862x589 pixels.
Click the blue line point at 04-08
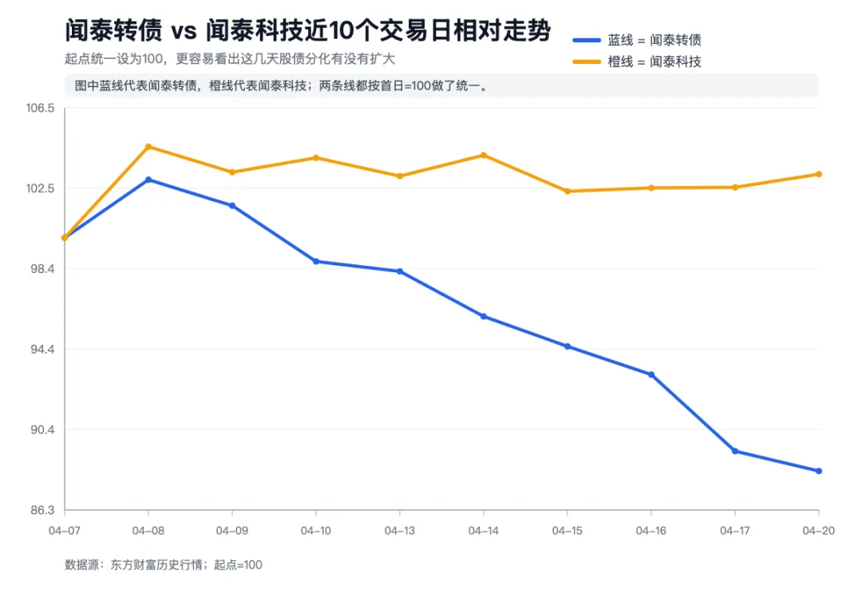pos(148,180)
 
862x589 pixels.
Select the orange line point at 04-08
pos(148,147)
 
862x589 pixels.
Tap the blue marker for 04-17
pos(735,451)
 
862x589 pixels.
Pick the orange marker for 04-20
pos(819,174)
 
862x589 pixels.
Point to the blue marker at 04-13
pos(400,271)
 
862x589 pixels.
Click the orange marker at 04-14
pos(484,155)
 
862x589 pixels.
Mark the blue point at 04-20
pos(819,471)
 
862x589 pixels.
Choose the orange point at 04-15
pos(567,192)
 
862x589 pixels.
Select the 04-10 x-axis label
pos(316,530)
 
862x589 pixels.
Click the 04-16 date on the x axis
pos(651,530)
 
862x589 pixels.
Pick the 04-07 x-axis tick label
pos(65,530)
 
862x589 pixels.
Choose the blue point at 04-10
pos(316,261)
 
